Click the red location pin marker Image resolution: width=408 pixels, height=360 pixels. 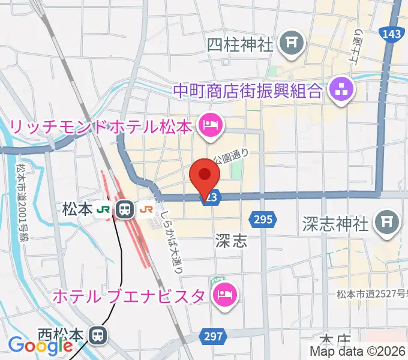coord(205,175)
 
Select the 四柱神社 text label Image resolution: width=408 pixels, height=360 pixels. coord(240,44)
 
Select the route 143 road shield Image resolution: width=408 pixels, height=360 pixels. coord(391,34)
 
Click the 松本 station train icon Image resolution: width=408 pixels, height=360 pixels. coord(125,209)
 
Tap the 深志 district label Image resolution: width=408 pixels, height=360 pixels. coord(230,241)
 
